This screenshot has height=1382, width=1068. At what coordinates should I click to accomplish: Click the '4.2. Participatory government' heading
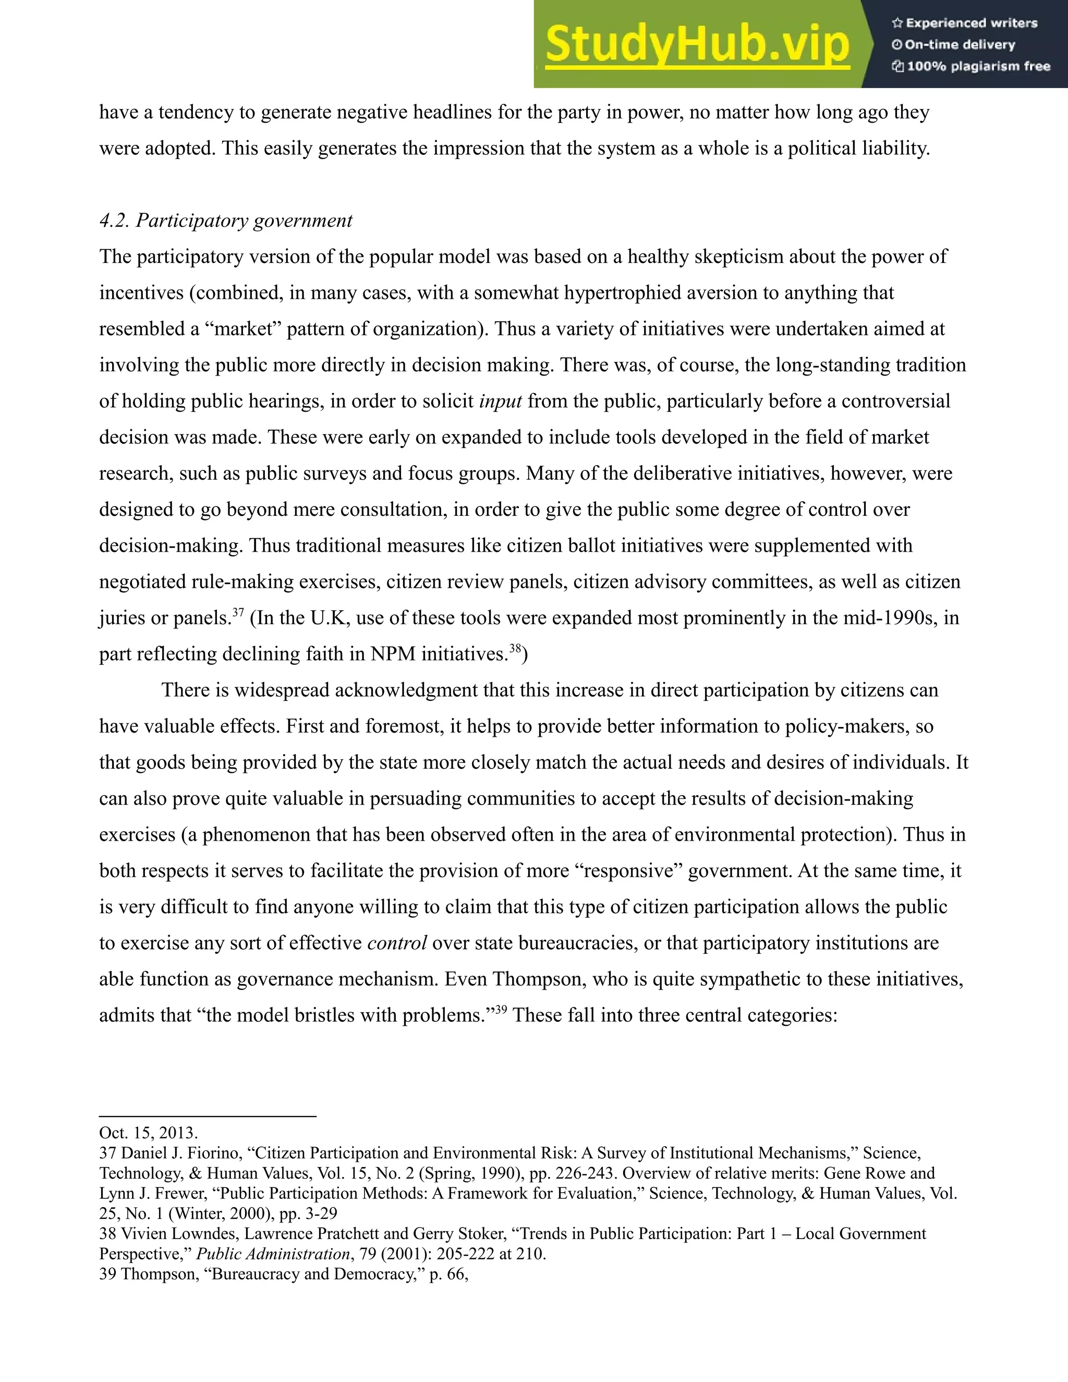point(225,220)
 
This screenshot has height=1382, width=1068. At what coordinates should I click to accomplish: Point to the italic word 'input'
point(501,401)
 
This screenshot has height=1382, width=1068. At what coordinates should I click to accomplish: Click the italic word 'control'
point(397,943)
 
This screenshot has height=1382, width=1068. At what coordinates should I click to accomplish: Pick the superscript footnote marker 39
point(501,1009)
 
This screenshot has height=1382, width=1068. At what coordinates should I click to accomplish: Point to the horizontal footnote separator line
point(208,1116)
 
